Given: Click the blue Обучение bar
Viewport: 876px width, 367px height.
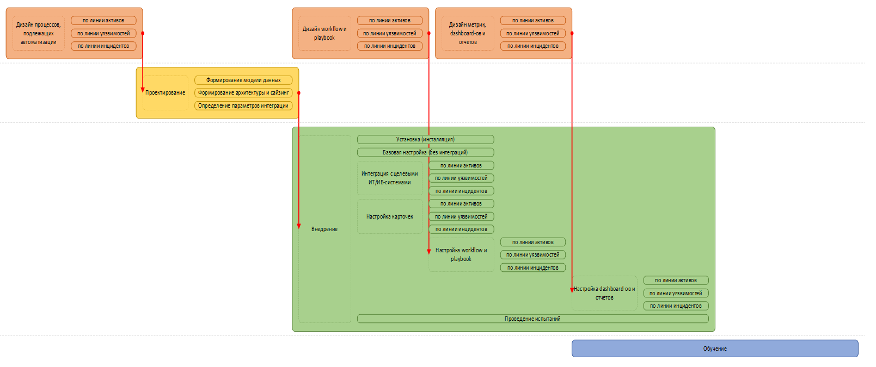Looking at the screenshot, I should click(714, 349).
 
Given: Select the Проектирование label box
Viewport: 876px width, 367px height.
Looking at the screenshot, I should click(166, 93).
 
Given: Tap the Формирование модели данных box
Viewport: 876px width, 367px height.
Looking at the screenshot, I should click(243, 80).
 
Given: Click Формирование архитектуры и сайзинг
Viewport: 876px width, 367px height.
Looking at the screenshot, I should click(243, 93).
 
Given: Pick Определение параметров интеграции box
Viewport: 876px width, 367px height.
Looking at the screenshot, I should click(243, 105).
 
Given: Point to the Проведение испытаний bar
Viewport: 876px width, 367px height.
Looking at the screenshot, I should click(532, 319).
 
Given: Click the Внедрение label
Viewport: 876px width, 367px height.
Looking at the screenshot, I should click(324, 229).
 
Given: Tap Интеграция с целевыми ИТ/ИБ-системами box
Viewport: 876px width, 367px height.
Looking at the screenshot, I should click(390, 178).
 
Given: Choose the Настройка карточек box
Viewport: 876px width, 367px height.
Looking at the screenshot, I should click(390, 216).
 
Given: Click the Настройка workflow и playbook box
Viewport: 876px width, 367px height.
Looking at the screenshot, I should click(462, 254).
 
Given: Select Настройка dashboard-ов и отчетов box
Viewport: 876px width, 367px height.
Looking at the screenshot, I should click(605, 293).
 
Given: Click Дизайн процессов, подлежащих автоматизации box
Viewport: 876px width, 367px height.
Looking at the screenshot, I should click(38, 33).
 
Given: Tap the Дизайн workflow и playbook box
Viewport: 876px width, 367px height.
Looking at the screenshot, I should click(324, 33).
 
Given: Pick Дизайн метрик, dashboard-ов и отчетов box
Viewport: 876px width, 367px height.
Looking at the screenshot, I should click(468, 33).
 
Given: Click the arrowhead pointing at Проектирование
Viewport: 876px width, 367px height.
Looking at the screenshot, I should click(143, 90).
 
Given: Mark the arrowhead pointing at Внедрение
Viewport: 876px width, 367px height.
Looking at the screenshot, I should click(299, 226).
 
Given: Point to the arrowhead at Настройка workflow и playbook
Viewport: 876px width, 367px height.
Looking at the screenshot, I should click(429, 252).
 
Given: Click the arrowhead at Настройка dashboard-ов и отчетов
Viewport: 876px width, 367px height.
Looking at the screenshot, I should click(572, 290).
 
